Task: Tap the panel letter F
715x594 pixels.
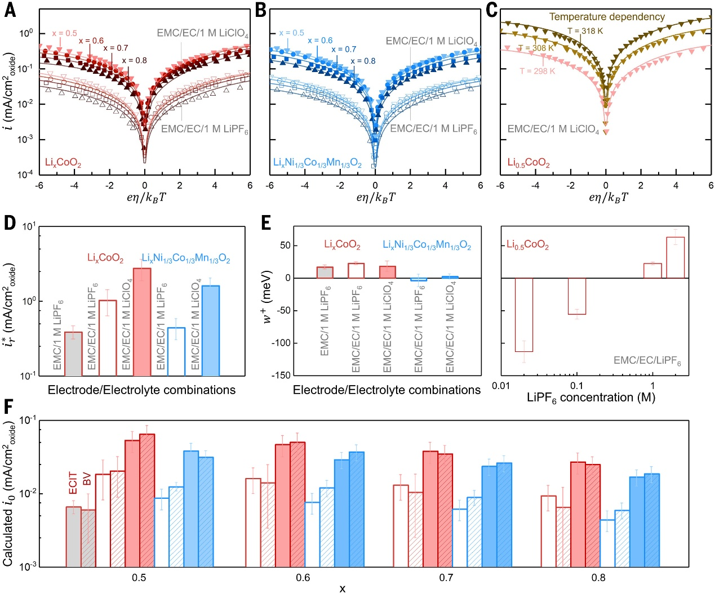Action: click(9, 407)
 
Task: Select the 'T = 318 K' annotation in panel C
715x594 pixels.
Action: click(585, 31)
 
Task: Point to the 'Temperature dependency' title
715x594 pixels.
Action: click(607, 17)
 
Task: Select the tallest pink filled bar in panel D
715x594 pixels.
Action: click(142, 321)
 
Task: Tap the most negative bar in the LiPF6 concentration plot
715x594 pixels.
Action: click(524, 315)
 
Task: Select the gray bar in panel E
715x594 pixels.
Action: click(325, 273)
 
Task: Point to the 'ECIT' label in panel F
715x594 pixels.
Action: click(73, 483)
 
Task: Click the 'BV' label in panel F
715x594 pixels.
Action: click(87, 479)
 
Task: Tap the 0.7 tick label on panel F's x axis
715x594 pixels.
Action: click(446, 578)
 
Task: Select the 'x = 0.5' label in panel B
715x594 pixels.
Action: click(291, 33)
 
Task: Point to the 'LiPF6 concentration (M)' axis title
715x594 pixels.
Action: click(591, 398)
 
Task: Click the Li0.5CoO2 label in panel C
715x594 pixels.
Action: click(528, 163)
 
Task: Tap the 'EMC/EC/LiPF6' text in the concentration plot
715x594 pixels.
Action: click(647, 360)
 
